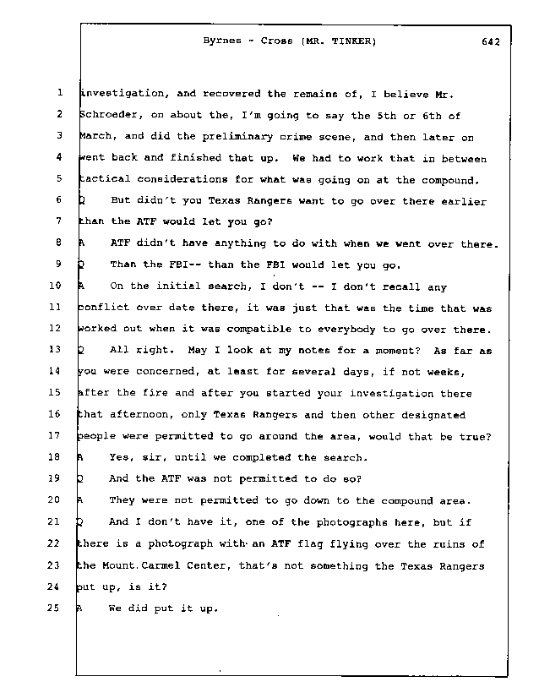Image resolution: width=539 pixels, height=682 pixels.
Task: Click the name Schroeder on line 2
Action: [106, 115]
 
